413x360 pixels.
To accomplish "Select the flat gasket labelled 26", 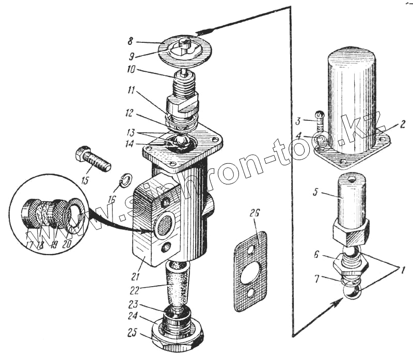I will click(251, 271).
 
